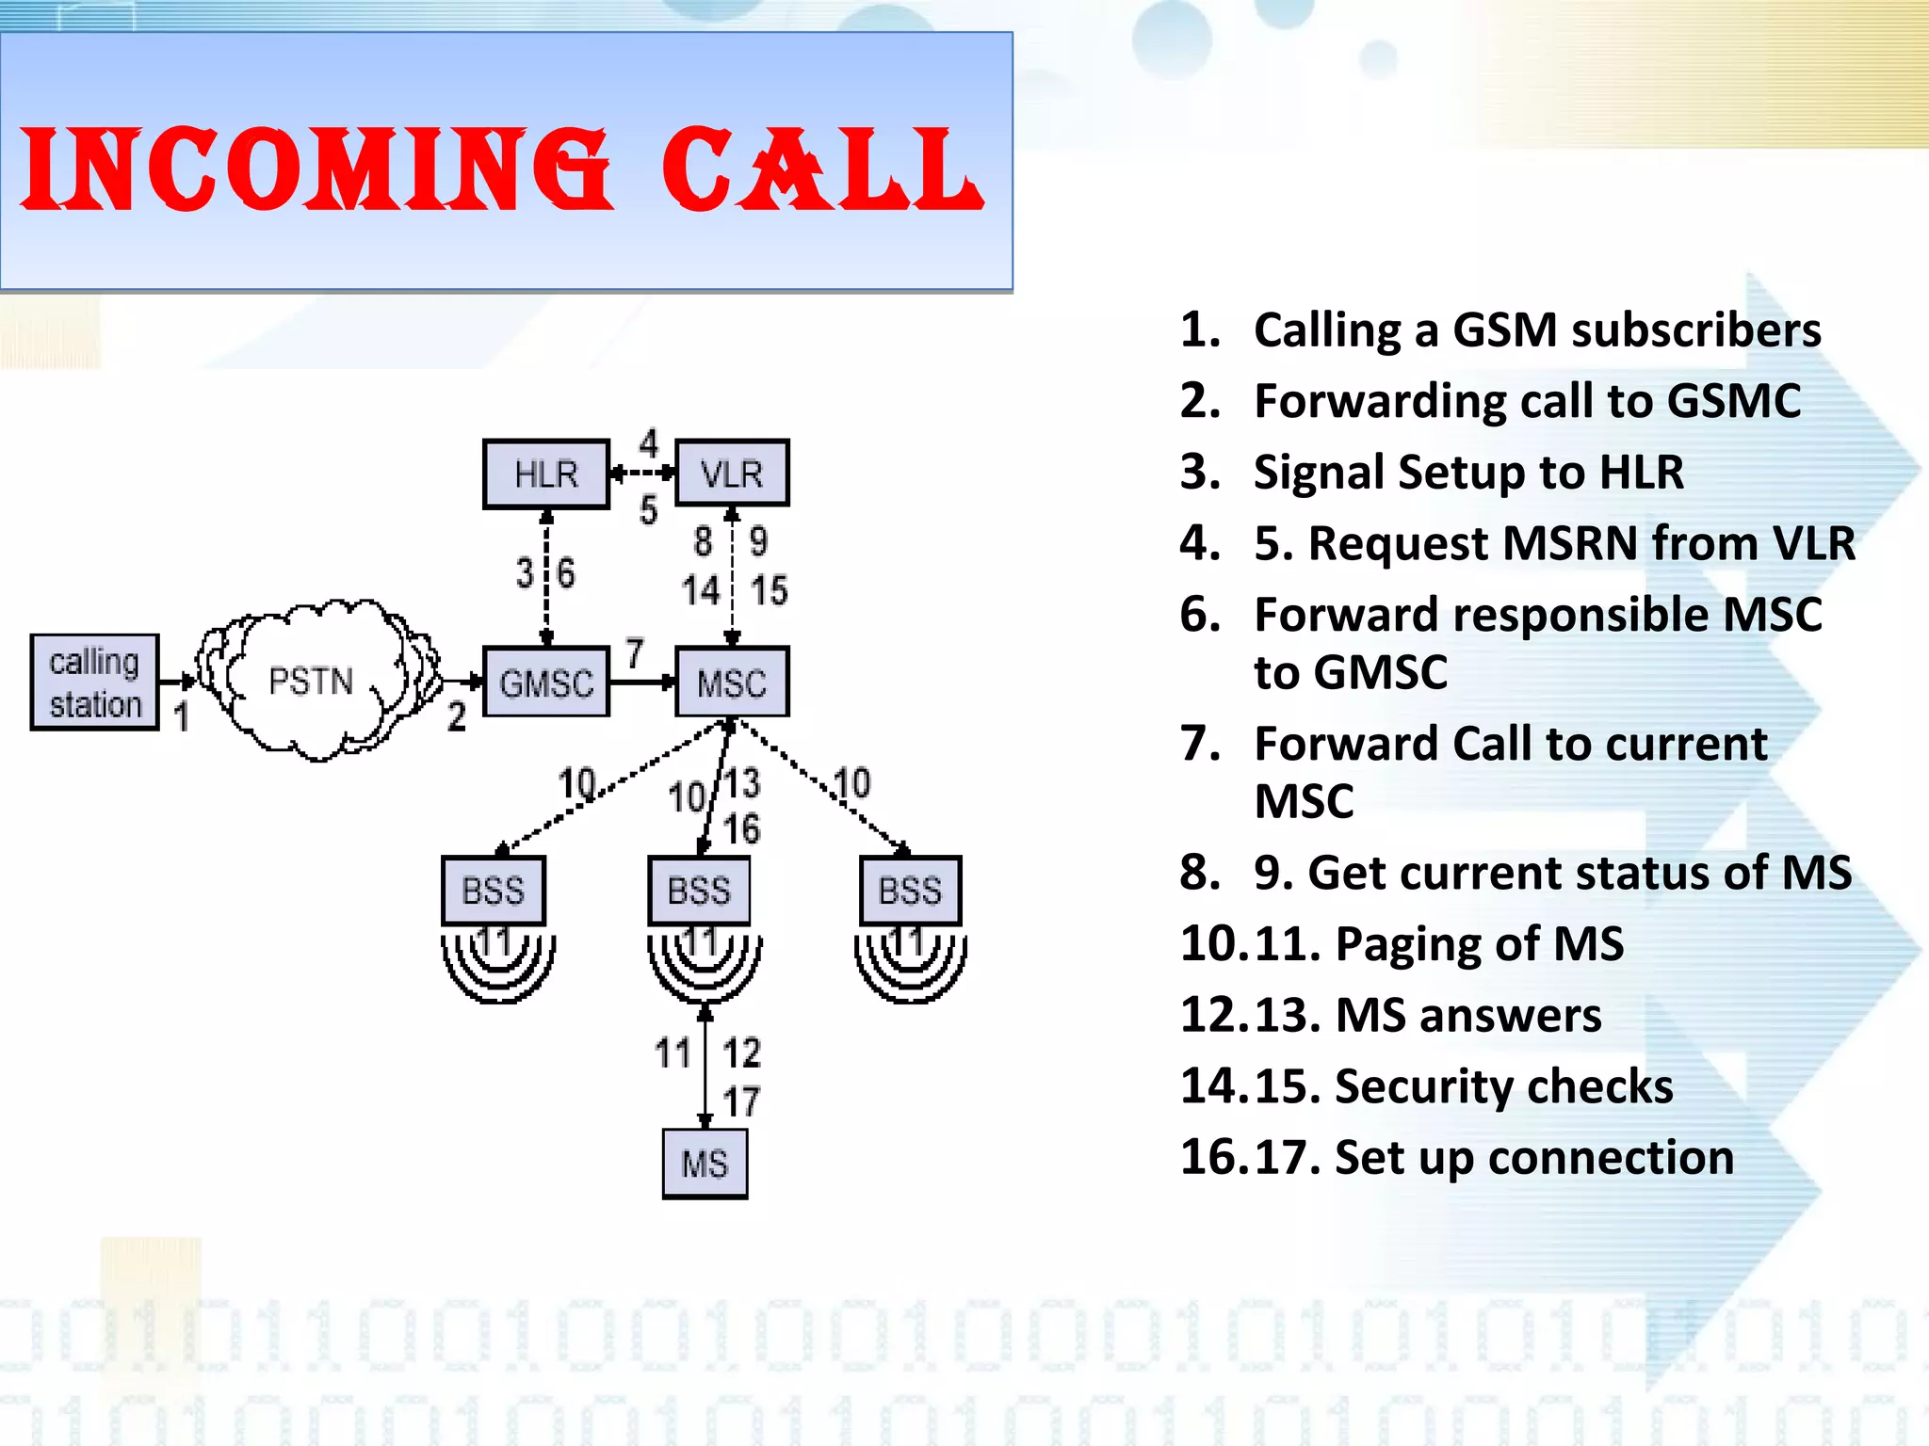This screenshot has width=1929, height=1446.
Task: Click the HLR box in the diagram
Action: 546,474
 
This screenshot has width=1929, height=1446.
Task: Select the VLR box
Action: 732,474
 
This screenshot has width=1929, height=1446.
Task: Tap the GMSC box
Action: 546,683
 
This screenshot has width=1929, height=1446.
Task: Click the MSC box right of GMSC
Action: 732,683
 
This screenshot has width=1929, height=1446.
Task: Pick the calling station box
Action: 94,683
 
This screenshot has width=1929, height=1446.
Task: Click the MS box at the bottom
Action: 705,1164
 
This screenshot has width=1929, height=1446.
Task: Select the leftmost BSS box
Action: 493,891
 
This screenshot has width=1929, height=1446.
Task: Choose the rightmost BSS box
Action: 910,891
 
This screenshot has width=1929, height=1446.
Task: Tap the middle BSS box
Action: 699,891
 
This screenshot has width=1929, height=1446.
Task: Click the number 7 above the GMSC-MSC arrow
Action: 635,652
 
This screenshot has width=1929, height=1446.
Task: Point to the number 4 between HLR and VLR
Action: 649,442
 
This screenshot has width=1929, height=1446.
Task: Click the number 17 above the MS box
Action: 741,1101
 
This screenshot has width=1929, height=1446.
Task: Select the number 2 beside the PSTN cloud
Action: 457,717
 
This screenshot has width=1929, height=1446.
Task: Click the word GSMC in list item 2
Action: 1733,401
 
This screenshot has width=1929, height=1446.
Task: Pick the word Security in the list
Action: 1423,1086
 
